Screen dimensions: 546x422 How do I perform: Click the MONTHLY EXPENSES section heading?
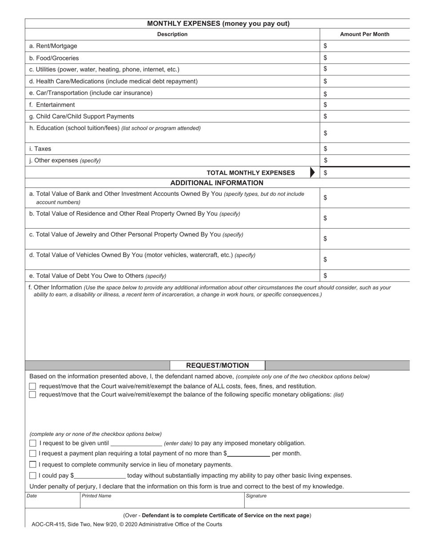tap(218, 24)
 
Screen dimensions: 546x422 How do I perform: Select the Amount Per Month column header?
tap(364, 34)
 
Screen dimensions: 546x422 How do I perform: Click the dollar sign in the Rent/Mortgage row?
tap(326, 46)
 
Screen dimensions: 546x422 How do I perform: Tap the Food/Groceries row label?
tap(54, 58)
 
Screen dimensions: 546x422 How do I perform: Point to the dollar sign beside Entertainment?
tap(326, 105)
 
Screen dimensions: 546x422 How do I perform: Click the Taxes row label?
tap(40, 149)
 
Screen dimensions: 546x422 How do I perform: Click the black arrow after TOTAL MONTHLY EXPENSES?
tap(312, 173)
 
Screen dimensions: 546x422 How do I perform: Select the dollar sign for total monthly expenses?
tap(326, 173)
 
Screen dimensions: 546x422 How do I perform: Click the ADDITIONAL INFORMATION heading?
tap(217, 183)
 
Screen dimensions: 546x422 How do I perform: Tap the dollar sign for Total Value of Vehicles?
tap(326, 259)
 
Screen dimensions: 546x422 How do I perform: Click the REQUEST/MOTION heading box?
tap(217, 365)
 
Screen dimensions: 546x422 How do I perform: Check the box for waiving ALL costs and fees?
tap(32, 386)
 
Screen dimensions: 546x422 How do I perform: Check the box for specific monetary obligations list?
tap(32, 395)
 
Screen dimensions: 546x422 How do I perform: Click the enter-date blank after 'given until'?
tap(136, 443)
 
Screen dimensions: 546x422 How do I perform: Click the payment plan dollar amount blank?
tap(248, 453)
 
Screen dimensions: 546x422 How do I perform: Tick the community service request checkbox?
tap(32, 464)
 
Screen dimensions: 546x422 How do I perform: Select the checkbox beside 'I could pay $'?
tap(32, 475)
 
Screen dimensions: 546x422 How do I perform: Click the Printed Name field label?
tap(96, 496)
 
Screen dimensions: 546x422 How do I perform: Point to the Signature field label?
tap(256, 496)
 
